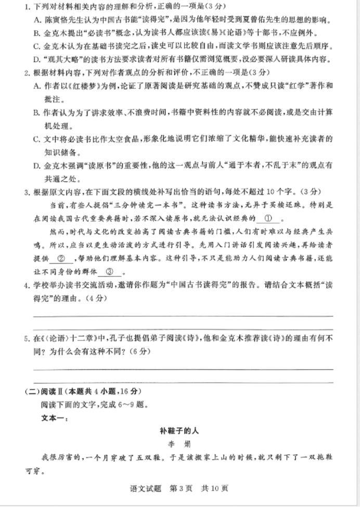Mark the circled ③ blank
110,272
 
